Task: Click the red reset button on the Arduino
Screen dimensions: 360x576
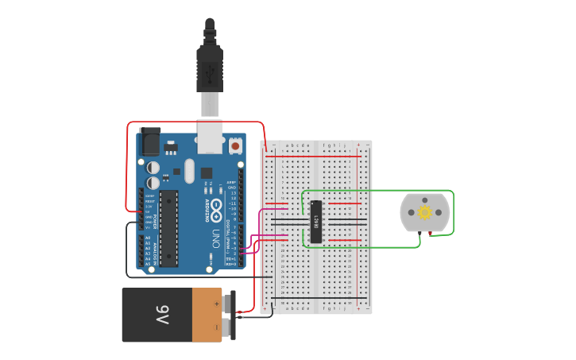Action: point(235,146)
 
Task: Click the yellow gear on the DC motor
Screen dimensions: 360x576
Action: point(424,212)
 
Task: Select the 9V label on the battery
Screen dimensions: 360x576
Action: point(162,315)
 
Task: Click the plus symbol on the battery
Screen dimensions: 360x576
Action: point(216,303)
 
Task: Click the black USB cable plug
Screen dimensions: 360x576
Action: point(210,68)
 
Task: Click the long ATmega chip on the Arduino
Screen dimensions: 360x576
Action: point(168,229)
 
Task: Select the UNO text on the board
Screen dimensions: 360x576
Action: point(215,238)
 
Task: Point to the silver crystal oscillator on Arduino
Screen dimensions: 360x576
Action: point(189,170)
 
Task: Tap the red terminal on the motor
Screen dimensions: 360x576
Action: point(430,234)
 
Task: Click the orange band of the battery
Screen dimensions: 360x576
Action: point(207,315)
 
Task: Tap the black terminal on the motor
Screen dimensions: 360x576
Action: point(419,233)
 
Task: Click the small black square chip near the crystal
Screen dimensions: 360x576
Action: point(207,172)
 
